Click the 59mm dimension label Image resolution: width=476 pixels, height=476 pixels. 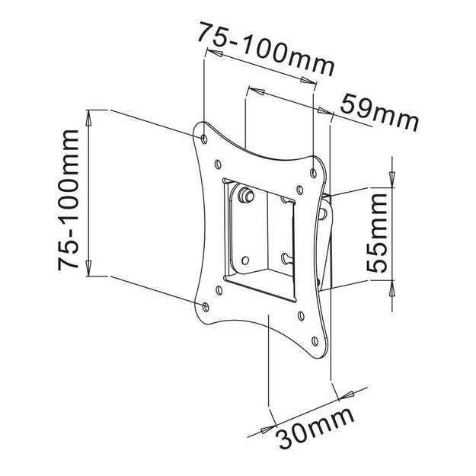coord(379,112)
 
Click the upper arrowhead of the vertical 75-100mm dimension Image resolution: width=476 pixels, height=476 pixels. coord(89,119)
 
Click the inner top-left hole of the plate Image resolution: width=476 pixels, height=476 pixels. coord(219,161)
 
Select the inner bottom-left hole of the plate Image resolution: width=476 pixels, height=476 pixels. coord(219,289)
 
